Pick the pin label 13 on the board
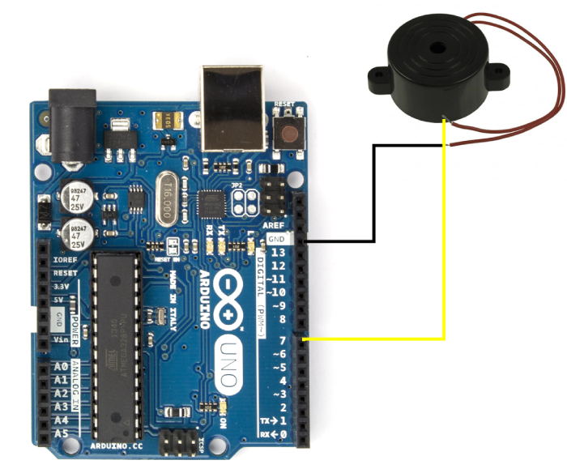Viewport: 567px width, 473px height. click(x=278, y=253)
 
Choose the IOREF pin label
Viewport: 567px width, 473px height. click(x=65, y=262)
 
